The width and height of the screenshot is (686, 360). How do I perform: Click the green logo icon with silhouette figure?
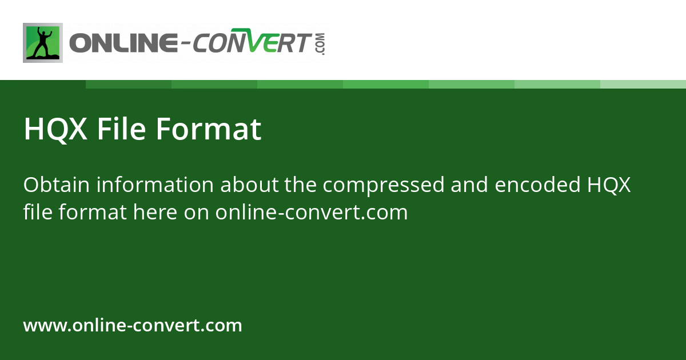[43, 43]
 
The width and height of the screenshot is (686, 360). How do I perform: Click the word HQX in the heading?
[55, 129]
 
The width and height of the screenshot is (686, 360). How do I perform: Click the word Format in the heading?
[209, 129]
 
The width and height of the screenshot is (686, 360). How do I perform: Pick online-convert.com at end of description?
[312, 213]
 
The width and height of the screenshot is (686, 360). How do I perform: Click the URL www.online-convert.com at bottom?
[133, 326]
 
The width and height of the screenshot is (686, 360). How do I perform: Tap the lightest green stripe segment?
[643, 84]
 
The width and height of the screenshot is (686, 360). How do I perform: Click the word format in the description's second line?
[90, 213]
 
